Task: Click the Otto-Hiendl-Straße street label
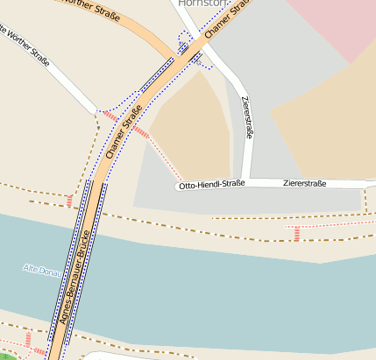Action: [x=210, y=186]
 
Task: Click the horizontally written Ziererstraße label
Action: [x=305, y=184]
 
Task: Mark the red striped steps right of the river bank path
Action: [x=297, y=232]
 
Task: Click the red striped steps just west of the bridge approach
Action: [x=70, y=202]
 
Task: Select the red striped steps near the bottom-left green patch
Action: [x=29, y=340]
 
